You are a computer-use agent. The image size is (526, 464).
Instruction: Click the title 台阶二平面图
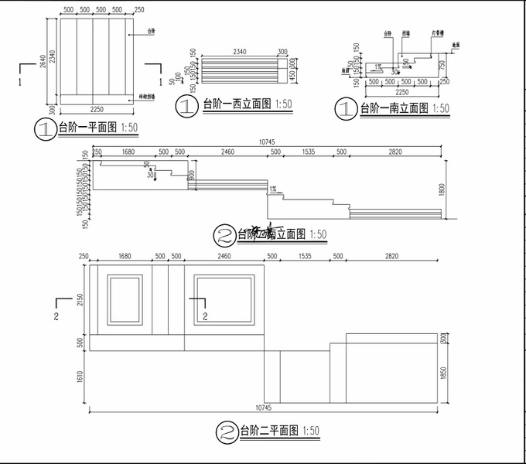[268, 430]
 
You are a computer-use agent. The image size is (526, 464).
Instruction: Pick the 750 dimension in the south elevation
[442, 66]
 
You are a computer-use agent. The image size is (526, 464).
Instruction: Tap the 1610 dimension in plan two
[79, 377]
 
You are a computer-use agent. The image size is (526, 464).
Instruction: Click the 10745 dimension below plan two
[264, 407]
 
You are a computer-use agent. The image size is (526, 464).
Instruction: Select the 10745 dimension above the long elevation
[267, 142]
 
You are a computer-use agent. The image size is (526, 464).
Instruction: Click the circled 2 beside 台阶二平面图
[226, 430]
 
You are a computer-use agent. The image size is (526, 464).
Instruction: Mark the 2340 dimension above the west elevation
[238, 51]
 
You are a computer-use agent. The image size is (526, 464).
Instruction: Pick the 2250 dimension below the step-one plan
[96, 108]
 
